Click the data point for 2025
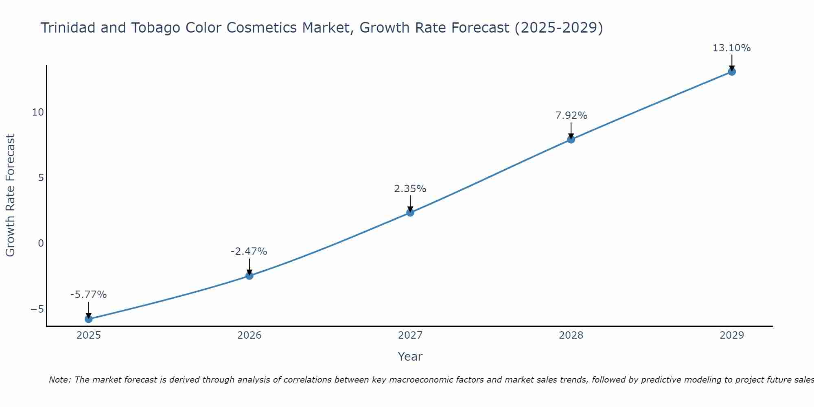click(89, 319)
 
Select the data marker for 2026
click(249, 276)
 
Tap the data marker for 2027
click(410, 212)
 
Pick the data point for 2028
click(571, 140)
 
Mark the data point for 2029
click(732, 72)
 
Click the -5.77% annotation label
click(89, 295)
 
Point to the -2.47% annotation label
click(249, 252)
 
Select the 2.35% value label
click(410, 189)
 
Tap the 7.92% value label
click(571, 116)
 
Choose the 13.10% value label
click(731, 48)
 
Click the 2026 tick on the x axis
click(249, 335)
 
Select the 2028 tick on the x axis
click(571, 335)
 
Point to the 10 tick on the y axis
click(38, 112)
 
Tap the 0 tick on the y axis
click(41, 243)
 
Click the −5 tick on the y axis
click(37, 309)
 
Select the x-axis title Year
click(410, 357)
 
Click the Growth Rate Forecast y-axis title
click(11, 195)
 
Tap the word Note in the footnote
click(60, 380)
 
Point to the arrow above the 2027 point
click(410, 203)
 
